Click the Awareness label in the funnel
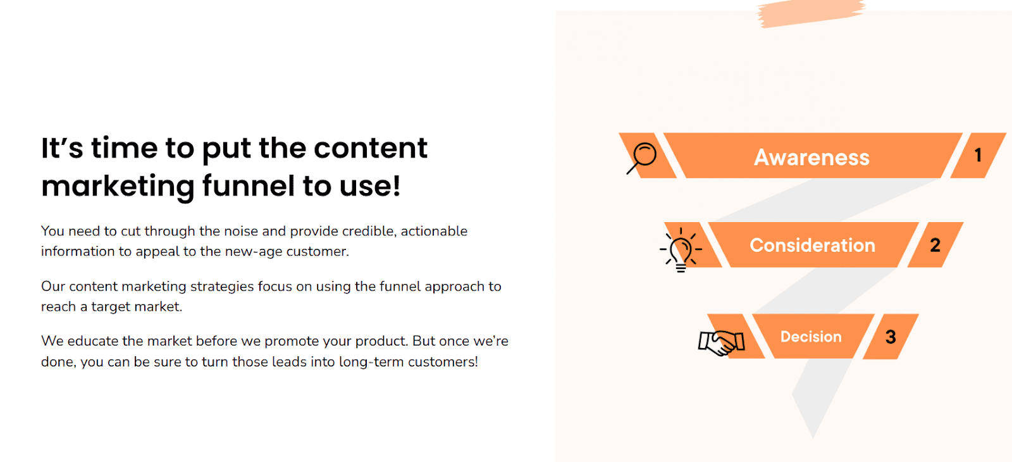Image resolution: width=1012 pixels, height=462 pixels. click(811, 158)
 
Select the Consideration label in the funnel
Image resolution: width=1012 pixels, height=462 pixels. click(812, 246)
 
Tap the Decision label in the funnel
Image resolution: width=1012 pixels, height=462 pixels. click(811, 337)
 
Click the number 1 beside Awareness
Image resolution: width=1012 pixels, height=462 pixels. click(978, 155)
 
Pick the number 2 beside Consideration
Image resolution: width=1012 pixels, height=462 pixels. click(935, 245)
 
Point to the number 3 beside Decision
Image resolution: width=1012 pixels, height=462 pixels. click(891, 337)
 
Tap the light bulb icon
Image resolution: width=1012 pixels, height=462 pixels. click(681, 250)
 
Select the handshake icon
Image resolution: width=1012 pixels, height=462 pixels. click(722, 342)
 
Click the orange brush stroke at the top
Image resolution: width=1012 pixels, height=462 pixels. click(811, 13)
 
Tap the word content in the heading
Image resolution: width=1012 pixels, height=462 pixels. click(371, 148)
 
